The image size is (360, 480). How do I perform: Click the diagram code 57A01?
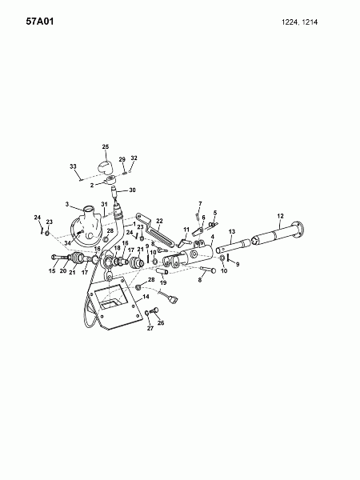20,14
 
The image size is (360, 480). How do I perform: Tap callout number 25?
105,146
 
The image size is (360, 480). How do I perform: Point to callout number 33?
73,166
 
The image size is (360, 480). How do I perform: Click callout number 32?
134,158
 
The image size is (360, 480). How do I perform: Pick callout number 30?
133,190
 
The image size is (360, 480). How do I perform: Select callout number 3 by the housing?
67,204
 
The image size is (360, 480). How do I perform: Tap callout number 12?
281,216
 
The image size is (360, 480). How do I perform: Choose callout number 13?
231,231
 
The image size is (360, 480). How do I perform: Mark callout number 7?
200,204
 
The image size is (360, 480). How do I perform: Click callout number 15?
53,270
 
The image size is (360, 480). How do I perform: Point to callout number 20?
63,270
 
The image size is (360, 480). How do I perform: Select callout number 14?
146,297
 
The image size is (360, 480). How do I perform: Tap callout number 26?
161,323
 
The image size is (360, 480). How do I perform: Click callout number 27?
148,329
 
